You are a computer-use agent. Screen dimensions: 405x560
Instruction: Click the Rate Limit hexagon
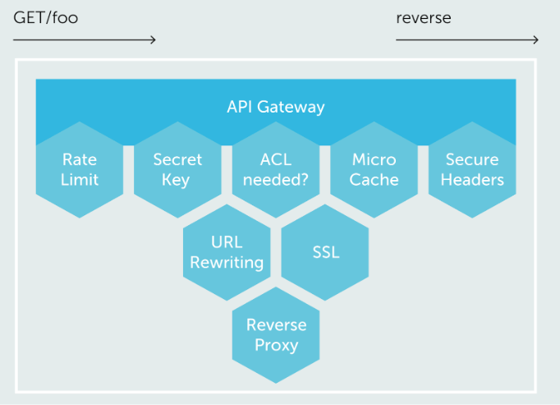click(80, 169)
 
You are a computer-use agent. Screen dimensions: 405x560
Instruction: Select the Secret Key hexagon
click(177, 169)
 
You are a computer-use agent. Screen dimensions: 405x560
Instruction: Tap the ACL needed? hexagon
click(276, 169)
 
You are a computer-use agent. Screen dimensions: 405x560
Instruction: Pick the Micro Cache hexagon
click(374, 169)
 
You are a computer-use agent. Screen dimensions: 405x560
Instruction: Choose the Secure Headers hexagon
click(472, 169)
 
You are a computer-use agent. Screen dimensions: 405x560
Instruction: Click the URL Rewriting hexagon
click(227, 252)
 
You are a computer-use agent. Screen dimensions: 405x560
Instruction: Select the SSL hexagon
click(325, 252)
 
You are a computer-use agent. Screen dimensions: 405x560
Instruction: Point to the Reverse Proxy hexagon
click(276, 334)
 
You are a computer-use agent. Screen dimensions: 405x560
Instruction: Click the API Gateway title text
click(276, 107)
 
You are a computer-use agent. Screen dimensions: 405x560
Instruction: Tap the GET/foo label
click(45, 17)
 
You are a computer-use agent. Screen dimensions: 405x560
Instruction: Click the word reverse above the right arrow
click(424, 17)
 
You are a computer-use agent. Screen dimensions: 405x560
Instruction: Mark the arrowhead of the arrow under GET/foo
click(152, 39)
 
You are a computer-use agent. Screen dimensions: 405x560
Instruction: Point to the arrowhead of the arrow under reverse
click(535, 39)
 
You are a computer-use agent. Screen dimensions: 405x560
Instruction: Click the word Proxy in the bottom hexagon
click(276, 344)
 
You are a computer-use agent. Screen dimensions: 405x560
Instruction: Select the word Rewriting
click(227, 263)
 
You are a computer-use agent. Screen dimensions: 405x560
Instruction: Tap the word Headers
click(472, 180)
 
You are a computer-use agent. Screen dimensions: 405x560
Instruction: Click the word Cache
click(374, 180)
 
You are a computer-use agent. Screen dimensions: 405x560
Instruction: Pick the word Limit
click(80, 180)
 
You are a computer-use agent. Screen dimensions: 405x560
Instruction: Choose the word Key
click(177, 180)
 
